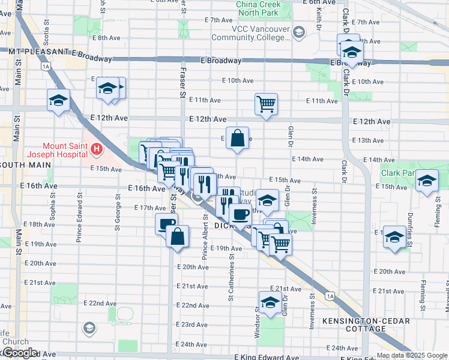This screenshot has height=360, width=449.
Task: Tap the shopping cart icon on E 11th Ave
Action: pos(265,103)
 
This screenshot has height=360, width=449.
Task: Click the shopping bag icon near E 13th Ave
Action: pos(238,137)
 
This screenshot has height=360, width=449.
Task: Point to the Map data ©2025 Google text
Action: pos(411,355)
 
